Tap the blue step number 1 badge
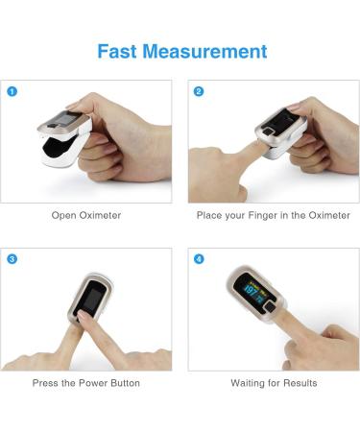pos(12,92)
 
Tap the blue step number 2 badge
pos(199,92)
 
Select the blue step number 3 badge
pos(12,259)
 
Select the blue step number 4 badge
pos(199,259)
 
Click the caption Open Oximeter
pos(86,215)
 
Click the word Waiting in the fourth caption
pos(250,383)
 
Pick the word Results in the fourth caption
pos(299,383)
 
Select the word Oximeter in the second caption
pos(328,215)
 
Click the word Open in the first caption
pos(63,215)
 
